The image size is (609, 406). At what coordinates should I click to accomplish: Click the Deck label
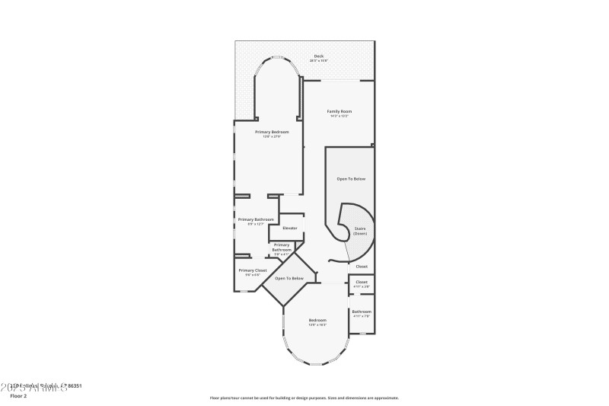pos(318,57)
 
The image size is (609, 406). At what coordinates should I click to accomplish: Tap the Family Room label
pos(340,111)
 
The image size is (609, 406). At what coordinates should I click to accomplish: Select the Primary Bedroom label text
pos(272,132)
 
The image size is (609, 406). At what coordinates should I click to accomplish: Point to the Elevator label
pos(290,228)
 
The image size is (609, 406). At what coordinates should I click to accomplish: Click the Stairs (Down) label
pos(360,230)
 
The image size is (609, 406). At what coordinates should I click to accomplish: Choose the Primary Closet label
pos(252,270)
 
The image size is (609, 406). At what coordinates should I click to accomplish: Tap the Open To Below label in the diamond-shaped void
pos(289,278)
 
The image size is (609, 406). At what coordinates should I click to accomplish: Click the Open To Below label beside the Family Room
pos(351,178)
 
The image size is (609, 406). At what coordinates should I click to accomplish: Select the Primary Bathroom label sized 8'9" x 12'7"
pos(255,219)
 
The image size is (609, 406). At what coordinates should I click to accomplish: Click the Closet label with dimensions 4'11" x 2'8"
pos(362,282)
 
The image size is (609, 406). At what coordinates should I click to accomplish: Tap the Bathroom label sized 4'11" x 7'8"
pos(362,311)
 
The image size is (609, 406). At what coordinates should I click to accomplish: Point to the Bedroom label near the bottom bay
pos(317,319)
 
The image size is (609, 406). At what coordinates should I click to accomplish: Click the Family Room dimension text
pos(340,117)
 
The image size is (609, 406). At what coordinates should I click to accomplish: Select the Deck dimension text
pos(318,62)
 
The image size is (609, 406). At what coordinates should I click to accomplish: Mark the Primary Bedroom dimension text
pos(272,137)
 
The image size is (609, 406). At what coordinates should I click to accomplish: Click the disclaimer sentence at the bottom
pos(304,398)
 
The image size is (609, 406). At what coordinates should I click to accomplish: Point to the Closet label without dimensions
pos(362,267)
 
